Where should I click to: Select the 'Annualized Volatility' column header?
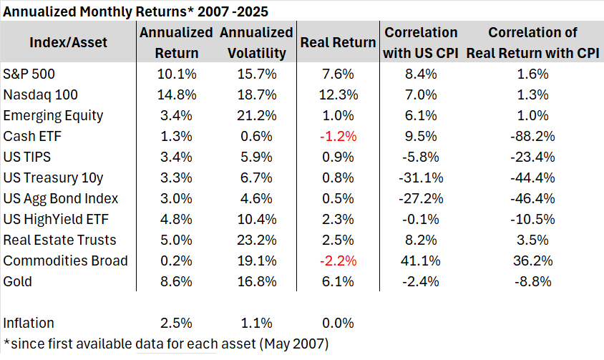[256, 42]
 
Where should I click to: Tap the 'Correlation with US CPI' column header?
[420, 42]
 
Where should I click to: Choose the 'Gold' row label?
[18, 281]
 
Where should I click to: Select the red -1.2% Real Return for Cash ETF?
[338, 136]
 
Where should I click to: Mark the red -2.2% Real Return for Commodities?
[338, 261]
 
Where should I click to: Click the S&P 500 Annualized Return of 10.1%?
[175, 74]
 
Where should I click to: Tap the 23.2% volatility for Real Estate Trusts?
[256, 240]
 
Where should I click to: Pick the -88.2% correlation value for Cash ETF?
[531, 136]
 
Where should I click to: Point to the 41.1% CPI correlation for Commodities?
[420, 261]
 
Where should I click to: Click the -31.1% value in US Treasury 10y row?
[420, 177]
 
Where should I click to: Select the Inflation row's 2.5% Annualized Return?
[175, 323]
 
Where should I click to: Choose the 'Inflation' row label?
[29, 323]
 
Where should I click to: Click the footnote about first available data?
[166, 344]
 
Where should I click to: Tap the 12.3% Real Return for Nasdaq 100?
[338, 94]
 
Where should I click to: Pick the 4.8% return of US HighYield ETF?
[175, 219]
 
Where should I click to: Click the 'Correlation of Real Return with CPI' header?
[531, 42]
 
